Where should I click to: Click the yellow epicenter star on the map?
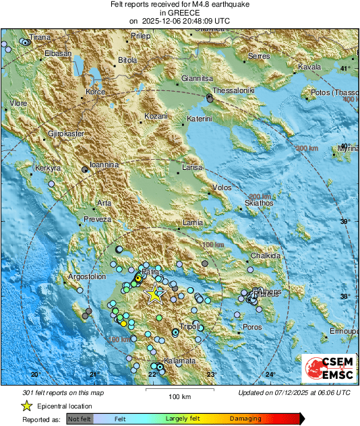click(155, 293)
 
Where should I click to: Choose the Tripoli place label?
click(190, 326)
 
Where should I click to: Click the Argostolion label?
click(87, 276)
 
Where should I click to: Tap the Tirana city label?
click(20, 36)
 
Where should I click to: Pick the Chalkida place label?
click(265, 256)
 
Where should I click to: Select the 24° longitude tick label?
click(270, 375)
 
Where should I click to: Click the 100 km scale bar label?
click(179, 396)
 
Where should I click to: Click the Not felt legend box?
click(80, 419)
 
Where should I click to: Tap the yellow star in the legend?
click(26, 406)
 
